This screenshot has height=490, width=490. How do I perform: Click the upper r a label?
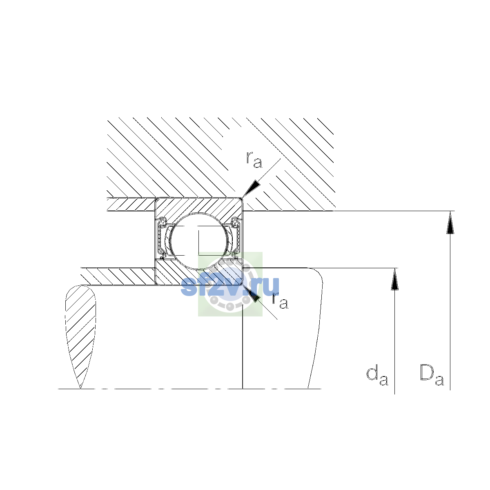pyautogui.click(x=254, y=160)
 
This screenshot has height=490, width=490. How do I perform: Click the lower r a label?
pyautogui.click(x=280, y=301)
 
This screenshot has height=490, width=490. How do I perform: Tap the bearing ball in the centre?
pyautogui.click(x=199, y=241)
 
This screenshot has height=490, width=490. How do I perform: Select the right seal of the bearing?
pyautogui.click(x=236, y=238)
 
